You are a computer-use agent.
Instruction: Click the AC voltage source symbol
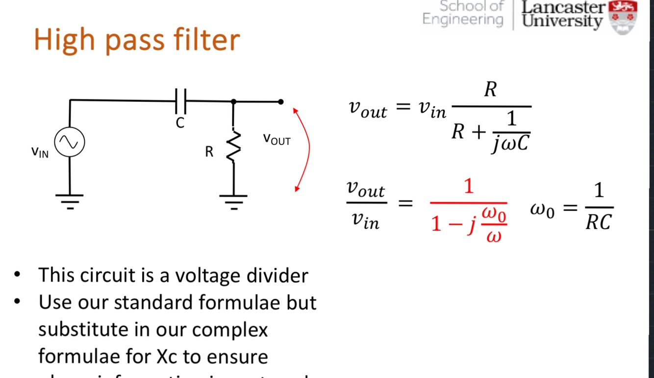[69, 142]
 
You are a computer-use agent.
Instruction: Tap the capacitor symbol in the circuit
[180, 101]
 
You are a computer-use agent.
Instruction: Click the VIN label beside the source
[40, 152]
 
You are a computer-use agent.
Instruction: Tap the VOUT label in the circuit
[277, 140]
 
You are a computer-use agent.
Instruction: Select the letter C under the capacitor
[180, 123]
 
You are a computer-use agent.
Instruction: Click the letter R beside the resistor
[209, 152]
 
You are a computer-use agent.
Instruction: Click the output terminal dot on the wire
[280, 102]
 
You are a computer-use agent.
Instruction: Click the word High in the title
[66, 40]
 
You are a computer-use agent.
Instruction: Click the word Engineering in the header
[463, 20]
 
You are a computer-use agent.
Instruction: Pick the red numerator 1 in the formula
[469, 187]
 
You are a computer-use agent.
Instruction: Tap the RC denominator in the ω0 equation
[599, 222]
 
